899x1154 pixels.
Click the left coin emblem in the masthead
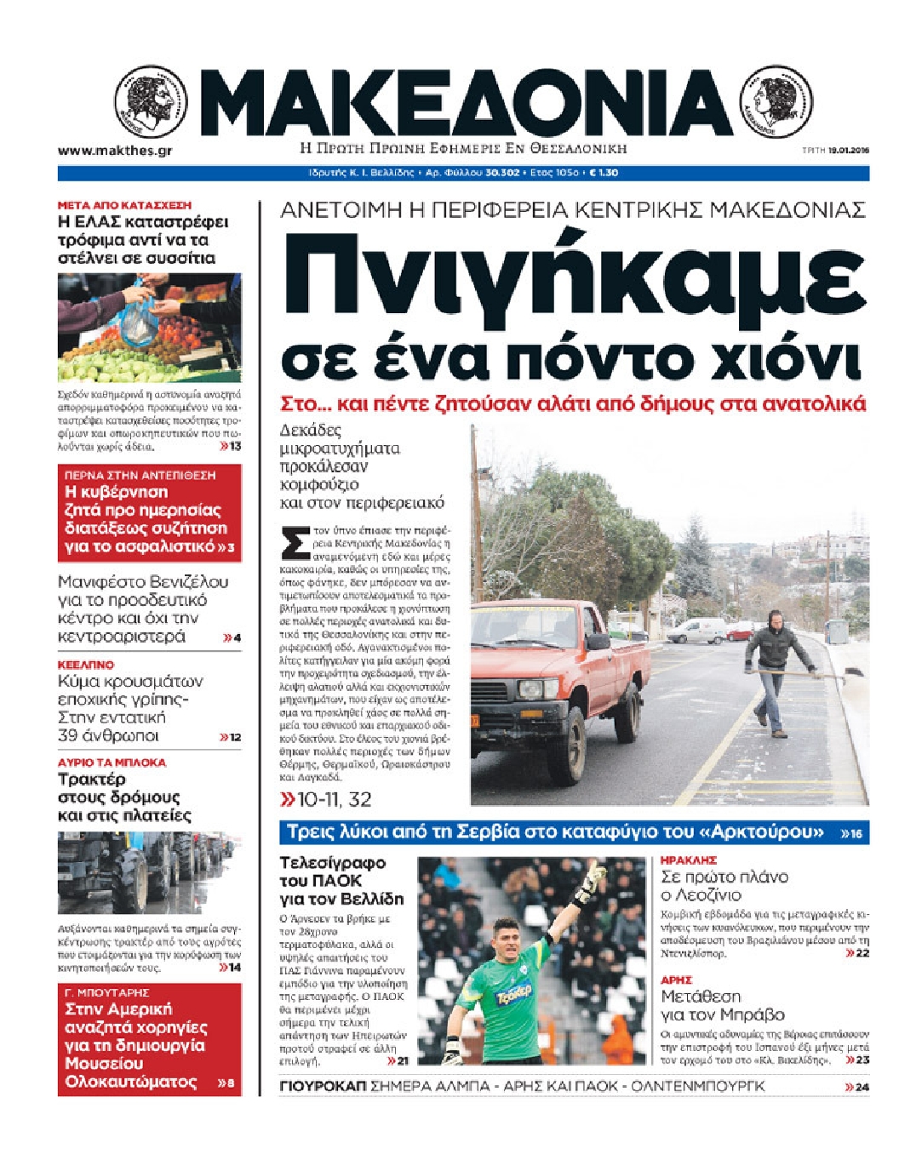click(151, 104)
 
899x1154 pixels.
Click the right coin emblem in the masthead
click(776, 104)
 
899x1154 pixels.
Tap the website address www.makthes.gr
click(115, 151)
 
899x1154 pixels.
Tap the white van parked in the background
click(696, 631)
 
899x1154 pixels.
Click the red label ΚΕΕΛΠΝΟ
click(85, 665)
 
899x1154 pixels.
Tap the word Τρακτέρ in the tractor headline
click(92, 779)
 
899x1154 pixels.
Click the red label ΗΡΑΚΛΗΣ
click(689, 860)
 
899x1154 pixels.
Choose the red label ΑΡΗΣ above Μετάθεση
click(676, 980)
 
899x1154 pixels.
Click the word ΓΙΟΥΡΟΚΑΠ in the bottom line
click(322, 1086)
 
